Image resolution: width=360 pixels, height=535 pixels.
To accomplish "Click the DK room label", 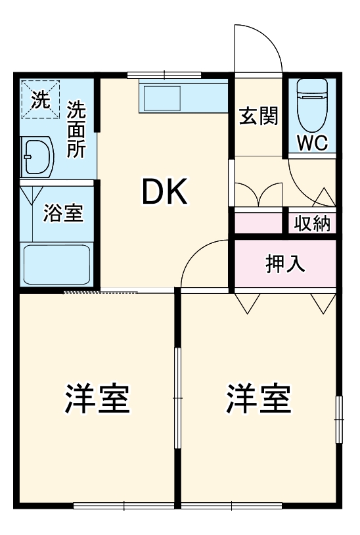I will tap(165, 192).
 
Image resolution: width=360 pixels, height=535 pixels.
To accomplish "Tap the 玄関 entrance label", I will tap(258, 116).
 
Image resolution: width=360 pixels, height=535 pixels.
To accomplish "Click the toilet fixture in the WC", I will tap(311, 105).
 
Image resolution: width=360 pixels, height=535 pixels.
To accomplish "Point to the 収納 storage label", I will tap(312, 223).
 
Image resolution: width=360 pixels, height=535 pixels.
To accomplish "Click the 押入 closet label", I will tap(284, 264).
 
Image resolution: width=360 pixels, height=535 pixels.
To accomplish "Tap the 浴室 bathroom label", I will tap(63, 213).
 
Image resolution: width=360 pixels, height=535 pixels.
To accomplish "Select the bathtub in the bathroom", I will tap(56, 265).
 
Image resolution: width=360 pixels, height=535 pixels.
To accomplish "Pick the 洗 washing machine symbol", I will tap(41, 100).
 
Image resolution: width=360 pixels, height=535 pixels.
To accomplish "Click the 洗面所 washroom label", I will tap(76, 129).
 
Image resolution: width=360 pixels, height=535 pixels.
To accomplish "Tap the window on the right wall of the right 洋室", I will tap(338, 419).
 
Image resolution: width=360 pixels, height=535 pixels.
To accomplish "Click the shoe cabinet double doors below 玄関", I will tap(258, 194).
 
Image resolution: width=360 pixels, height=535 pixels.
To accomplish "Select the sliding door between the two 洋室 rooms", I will tap(177, 398).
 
